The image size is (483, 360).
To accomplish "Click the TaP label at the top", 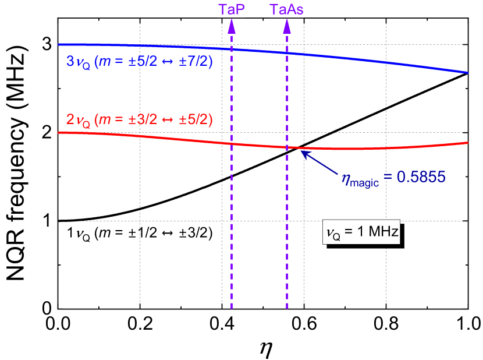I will [232, 9].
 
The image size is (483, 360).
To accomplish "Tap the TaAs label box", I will [287, 9].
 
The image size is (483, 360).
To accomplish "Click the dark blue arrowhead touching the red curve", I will [303, 153].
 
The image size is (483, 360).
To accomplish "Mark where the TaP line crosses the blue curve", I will [232, 48].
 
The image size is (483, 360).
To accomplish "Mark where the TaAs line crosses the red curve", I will [287, 147].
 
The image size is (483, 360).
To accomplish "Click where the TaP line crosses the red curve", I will [232, 143].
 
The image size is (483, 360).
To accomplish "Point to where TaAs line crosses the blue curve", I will [287, 52].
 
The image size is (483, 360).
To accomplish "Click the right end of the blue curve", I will [468, 72].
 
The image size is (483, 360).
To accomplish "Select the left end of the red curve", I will [59, 132].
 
